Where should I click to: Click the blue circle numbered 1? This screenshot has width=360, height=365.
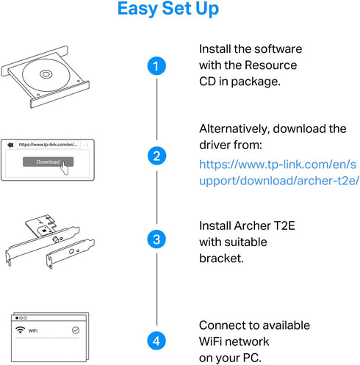[x=156, y=66]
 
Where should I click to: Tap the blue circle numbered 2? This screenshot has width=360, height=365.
[x=156, y=156]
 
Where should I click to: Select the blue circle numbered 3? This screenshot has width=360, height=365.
[x=156, y=239]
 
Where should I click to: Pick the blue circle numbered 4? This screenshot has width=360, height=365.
[x=156, y=341]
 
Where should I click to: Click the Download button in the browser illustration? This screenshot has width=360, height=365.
[x=48, y=162]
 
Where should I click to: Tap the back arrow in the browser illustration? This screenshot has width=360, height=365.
[x=10, y=145]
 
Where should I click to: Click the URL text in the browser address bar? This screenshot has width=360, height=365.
[x=48, y=145]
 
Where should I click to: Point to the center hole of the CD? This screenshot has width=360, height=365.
[x=46, y=74]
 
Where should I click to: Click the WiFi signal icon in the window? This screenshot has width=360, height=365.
[x=20, y=330]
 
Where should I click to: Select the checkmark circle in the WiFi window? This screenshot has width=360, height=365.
[x=76, y=330]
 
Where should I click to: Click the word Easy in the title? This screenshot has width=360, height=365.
[x=137, y=9]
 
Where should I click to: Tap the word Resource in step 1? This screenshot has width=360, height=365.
[x=270, y=65]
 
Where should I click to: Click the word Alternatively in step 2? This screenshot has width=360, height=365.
[x=234, y=129]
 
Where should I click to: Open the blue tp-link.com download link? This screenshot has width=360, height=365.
[x=279, y=173]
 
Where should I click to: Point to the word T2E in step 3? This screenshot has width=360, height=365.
[x=284, y=225]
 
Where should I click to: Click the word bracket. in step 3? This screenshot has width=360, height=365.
[x=221, y=259]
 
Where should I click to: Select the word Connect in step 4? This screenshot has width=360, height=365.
[x=222, y=325]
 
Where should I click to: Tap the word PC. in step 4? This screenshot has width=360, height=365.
[x=252, y=358]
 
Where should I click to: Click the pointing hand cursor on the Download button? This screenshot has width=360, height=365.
[x=65, y=167]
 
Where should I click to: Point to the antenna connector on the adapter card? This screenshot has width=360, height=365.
[x=56, y=239]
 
